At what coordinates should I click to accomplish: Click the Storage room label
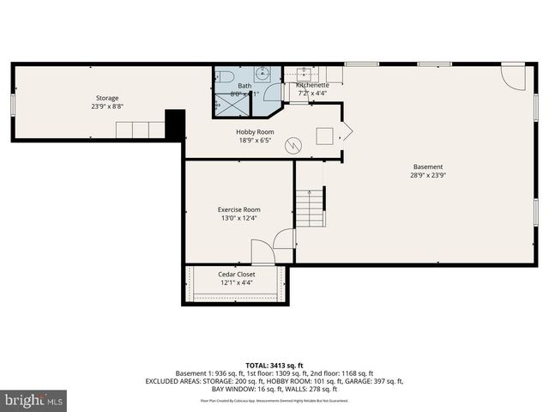pos(107,98)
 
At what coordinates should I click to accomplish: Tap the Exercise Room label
pos(238,209)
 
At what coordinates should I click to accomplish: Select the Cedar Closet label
pos(236,274)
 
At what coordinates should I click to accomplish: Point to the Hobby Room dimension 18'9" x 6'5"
pos(255,140)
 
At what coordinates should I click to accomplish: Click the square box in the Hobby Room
pos(325,135)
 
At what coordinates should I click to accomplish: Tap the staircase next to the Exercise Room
pos(311,206)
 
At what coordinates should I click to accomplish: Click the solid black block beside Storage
pos(175,125)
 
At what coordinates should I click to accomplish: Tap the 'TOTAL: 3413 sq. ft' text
pos(274,365)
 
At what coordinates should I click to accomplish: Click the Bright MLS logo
pos(34,400)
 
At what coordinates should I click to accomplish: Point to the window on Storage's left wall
pos(12,103)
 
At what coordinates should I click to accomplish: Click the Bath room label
pos(244,86)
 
